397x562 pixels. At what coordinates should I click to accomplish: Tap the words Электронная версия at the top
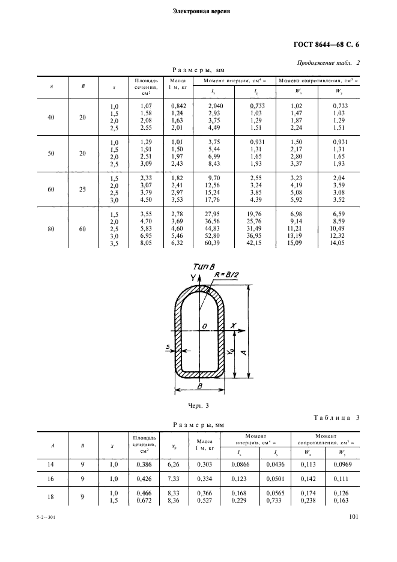pos(201,11)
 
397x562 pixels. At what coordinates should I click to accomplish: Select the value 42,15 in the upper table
pos(257,244)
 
